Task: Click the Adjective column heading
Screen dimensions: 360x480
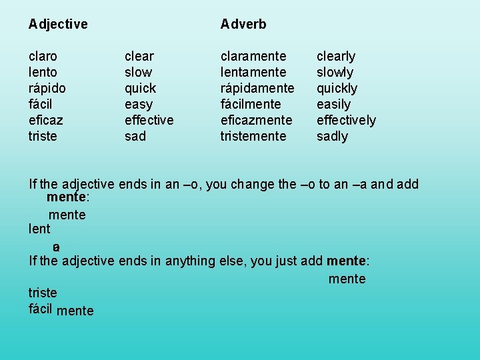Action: (x=58, y=25)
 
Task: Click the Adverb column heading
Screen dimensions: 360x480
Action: (x=243, y=25)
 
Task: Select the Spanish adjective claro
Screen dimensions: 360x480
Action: (x=43, y=56)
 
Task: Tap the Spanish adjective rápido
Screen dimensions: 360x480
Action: (x=47, y=88)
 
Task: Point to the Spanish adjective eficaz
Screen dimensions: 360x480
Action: (x=46, y=120)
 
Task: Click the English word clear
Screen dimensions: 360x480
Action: (x=139, y=56)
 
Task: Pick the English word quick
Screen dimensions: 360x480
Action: (x=140, y=88)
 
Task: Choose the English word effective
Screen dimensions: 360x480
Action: (x=149, y=120)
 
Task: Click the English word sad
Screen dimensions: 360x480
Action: (x=135, y=136)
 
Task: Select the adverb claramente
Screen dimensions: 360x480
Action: (x=253, y=56)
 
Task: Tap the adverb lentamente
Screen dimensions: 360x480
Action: (x=253, y=72)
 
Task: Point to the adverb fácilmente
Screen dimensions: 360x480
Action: (x=251, y=104)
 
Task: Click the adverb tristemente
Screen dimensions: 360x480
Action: (x=254, y=136)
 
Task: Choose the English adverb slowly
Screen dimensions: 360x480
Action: (x=335, y=72)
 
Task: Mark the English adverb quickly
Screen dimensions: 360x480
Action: (x=337, y=88)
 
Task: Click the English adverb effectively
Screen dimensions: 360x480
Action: (x=346, y=120)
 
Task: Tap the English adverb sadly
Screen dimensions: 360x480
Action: (x=332, y=136)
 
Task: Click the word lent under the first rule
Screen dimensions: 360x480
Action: (x=39, y=229)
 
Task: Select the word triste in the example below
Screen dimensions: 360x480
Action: (x=43, y=293)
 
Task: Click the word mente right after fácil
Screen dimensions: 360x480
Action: (x=75, y=311)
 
